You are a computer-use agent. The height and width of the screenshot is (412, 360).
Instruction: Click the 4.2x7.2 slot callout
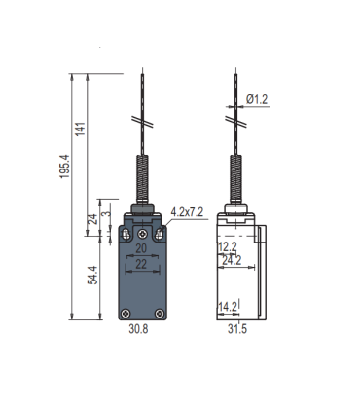click(186, 211)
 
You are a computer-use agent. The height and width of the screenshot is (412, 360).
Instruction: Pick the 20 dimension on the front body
click(141, 248)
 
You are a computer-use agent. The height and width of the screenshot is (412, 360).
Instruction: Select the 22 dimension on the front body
click(141, 264)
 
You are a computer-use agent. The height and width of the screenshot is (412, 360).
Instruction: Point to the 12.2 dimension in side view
click(226, 247)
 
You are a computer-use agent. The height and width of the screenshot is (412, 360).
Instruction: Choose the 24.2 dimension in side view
click(232, 260)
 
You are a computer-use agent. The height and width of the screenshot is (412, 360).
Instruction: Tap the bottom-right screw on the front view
click(159, 314)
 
